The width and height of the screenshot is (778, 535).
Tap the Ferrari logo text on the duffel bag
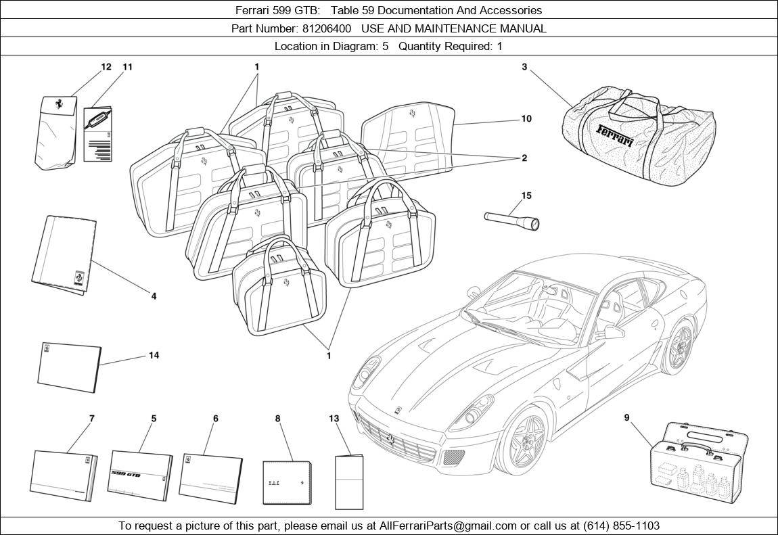(615, 135)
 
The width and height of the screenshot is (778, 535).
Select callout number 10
(526, 118)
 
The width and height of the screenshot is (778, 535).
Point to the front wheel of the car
(522, 438)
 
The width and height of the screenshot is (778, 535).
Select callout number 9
(626, 418)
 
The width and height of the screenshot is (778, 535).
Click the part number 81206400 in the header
(327, 28)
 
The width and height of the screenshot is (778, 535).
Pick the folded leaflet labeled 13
(349, 482)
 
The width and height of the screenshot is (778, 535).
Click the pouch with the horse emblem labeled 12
(56, 133)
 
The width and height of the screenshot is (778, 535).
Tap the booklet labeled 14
(70, 367)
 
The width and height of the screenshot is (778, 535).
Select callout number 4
(154, 296)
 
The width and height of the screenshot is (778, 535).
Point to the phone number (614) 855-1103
(621, 526)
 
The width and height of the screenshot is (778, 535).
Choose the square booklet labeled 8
(288, 483)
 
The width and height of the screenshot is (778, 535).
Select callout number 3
(524, 66)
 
